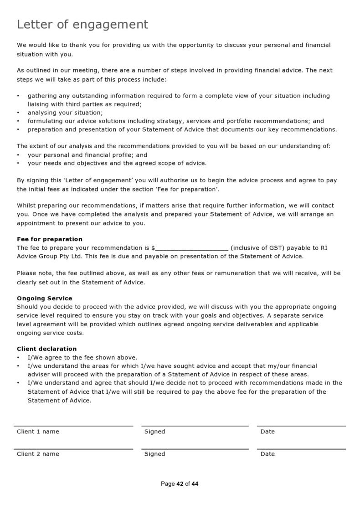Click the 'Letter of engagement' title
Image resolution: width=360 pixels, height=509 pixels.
click(x=82, y=25)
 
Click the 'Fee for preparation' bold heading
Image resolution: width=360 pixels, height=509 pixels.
click(x=50, y=239)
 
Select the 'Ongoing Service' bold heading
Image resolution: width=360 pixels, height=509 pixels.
click(x=44, y=298)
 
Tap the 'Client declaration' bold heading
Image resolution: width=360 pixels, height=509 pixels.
click(x=46, y=349)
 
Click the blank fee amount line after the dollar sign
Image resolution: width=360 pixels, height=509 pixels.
click(x=191, y=248)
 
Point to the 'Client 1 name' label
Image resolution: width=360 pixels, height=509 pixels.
click(x=38, y=432)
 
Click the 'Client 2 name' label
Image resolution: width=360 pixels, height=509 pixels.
click(x=38, y=454)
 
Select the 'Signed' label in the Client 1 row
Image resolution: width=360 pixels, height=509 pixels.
click(x=154, y=432)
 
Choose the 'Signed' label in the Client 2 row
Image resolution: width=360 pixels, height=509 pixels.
click(x=154, y=454)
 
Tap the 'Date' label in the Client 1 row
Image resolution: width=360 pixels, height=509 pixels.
click(x=267, y=432)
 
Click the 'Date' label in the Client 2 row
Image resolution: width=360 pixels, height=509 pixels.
click(x=267, y=454)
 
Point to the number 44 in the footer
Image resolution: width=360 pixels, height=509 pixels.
click(x=195, y=484)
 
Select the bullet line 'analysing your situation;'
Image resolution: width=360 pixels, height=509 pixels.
click(x=65, y=113)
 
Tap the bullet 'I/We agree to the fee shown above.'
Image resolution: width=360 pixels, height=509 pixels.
click(x=82, y=358)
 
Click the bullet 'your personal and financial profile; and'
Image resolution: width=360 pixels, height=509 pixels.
click(x=87, y=155)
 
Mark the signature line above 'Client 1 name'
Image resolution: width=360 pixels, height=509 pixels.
click(x=73, y=426)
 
